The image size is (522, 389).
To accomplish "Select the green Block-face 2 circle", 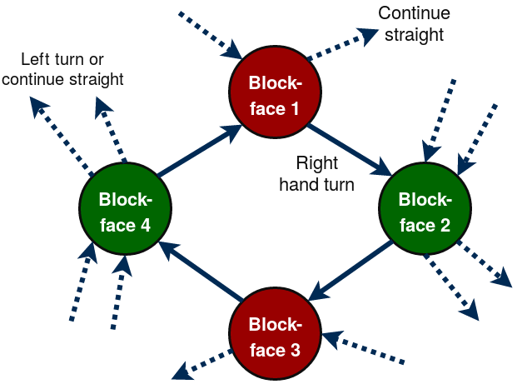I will click(425, 212).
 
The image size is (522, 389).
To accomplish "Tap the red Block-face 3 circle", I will click(274, 337).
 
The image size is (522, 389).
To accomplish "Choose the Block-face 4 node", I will click(125, 212).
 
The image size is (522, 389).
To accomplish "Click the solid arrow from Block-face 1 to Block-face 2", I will click(350, 151).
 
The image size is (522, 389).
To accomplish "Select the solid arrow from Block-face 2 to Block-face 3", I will click(350, 272).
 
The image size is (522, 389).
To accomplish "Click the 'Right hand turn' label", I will click(317, 174).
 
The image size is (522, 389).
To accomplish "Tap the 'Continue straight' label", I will click(414, 24).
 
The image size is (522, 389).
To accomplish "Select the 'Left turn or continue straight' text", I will click(73, 70).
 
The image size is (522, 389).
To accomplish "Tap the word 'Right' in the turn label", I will click(317, 163).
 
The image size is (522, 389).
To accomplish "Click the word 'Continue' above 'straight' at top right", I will click(414, 13).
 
